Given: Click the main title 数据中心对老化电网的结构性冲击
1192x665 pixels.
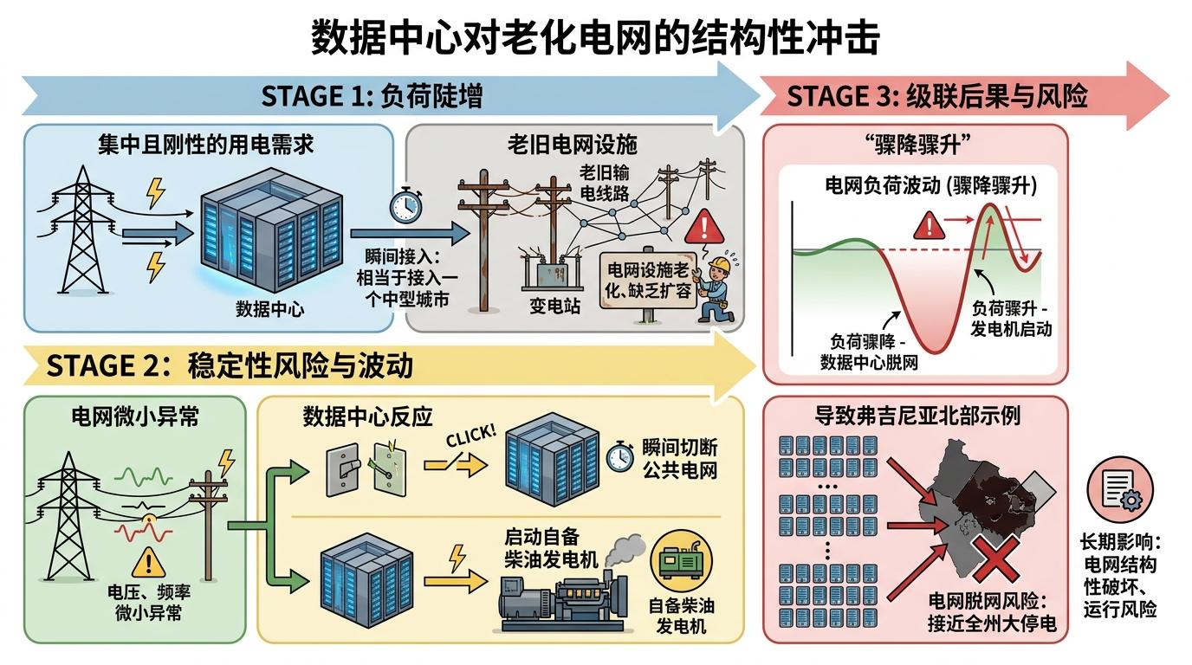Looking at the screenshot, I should coord(595,38).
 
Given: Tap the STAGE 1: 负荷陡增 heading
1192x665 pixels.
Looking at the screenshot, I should coord(372,96).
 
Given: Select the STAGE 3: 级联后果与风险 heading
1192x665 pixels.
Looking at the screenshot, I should coord(936,96).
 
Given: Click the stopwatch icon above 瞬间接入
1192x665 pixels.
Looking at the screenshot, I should coord(405,205).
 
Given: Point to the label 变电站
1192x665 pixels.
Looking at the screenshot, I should coord(554,306).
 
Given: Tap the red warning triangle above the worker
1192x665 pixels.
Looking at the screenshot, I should coord(703,228).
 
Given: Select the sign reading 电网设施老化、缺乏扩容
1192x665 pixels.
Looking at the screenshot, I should coord(649,280).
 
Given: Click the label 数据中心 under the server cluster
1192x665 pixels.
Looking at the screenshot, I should coord(270,309).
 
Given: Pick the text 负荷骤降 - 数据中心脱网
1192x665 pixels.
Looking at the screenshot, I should coord(868,351).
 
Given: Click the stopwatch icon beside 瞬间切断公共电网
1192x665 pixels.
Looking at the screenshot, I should coord(619,457).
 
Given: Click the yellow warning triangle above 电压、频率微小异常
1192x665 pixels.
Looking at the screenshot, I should coord(149,564).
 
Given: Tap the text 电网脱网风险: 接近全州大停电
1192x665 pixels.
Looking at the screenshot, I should coord(992,612).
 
